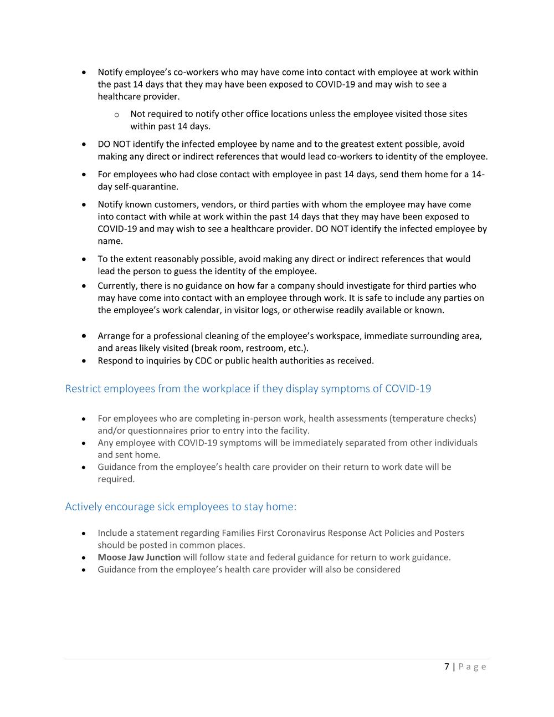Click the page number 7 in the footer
(447, 667)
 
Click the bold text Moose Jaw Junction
(139, 557)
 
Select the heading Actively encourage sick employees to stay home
(181, 506)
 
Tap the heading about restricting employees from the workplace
(248, 388)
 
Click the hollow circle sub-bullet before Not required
(116, 115)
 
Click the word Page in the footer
(473, 667)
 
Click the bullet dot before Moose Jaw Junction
(83, 557)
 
